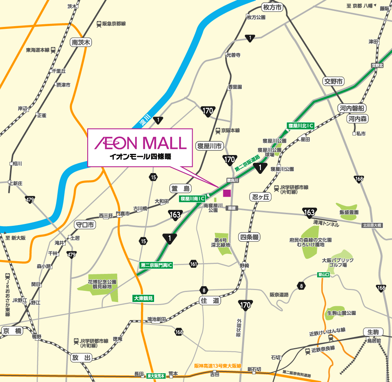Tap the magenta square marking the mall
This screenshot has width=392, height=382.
coord(227,193)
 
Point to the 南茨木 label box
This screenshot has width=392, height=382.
coord(81,42)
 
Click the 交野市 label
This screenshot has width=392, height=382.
coord(333,81)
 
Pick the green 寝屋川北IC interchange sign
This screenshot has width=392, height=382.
coord(301,125)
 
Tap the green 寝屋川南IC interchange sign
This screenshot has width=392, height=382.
coord(193,199)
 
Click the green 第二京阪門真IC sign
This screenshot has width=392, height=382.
coord(156,265)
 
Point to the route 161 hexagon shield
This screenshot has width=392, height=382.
coord(193,264)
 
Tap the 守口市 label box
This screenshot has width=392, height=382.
coord(84,225)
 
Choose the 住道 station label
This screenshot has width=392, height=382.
coord(210,300)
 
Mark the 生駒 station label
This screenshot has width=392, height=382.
coord(373,332)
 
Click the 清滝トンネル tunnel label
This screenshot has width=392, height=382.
coord(326,224)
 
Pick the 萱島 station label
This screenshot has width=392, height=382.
coord(180,188)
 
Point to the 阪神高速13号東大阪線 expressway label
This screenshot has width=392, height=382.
coord(218,366)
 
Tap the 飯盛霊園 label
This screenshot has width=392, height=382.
coord(349,212)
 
